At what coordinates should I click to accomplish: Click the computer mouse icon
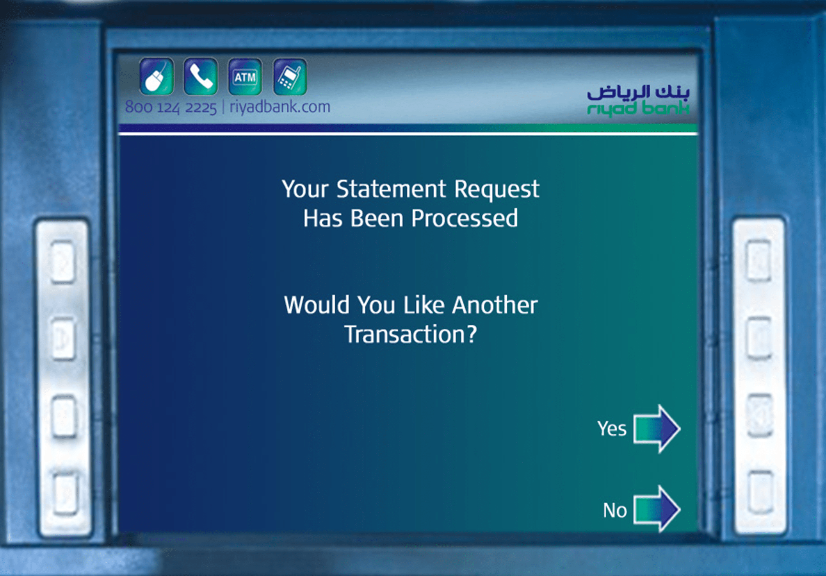click(x=157, y=77)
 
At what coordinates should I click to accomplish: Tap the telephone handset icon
click(x=201, y=77)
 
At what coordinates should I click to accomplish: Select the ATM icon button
click(x=245, y=77)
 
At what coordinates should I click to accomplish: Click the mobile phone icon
click(x=290, y=77)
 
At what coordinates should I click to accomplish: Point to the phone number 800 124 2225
click(x=171, y=107)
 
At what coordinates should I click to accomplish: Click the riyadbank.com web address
click(x=280, y=107)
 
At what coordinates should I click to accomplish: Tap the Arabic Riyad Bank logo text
click(x=639, y=92)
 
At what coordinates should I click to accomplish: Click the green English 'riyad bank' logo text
click(x=638, y=108)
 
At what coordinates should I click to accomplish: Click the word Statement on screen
click(x=391, y=189)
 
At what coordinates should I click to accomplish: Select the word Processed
click(x=465, y=218)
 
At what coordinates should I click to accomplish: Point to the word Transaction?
click(x=411, y=335)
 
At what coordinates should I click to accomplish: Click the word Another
click(x=495, y=305)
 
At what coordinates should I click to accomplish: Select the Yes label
click(x=612, y=429)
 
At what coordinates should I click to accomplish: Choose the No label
click(x=615, y=510)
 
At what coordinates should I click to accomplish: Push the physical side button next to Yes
click(x=759, y=415)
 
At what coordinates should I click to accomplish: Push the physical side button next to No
click(x=760, y=492)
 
